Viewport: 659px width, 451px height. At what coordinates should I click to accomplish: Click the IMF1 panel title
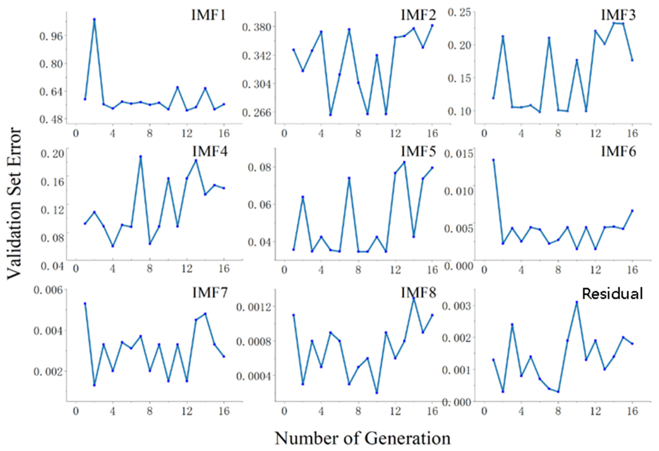click(208, 15)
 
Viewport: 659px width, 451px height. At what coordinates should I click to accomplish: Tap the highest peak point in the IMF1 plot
click(94, 20)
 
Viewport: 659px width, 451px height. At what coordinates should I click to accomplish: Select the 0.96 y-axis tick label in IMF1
click(51, 36)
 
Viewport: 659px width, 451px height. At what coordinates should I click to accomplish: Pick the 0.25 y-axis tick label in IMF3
click(460, 13)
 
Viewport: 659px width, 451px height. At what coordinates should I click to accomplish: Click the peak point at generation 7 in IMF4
click(140, 156)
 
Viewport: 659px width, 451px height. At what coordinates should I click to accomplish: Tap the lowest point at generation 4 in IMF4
click(113, 246)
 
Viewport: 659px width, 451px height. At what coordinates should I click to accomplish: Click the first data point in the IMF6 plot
click(493, 160)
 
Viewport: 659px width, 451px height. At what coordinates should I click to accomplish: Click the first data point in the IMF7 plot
click(85, 303)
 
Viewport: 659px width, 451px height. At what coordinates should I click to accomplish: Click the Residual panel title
click(612, 294)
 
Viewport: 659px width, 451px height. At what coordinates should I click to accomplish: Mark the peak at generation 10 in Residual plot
click(577, 302)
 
